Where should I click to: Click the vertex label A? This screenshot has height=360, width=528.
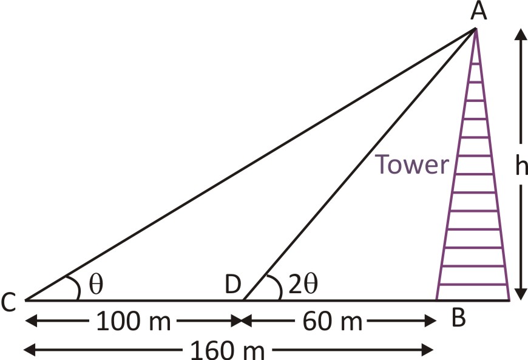pyautogui.click(x=478, y=12)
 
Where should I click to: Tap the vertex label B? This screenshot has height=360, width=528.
pyautogui.click(x=458, y=318)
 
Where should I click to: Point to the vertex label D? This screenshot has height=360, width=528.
pyautogui.click(x=233, y=284)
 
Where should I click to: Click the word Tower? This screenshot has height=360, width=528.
pyautogui.click(x=412, y=165)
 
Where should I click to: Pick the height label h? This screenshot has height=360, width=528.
pyautogui.click(x=521, y=165)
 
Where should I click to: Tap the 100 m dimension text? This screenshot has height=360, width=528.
pyautogui.click(x=134, y=321)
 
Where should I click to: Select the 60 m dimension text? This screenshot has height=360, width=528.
pyautogui.click(x=332, y=321)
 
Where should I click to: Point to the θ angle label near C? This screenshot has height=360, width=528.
pyautogui.click(x=96, y=284)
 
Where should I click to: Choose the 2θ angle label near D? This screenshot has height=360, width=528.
pyautogui.click(x=303, y=284)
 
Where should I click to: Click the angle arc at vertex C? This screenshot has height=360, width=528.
pyautogui.click(x=74, y=287)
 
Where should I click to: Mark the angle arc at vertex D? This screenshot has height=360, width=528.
pyautogui.click(x=276, y=287)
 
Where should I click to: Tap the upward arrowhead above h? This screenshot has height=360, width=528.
pyautogui.click(x=521, y=35)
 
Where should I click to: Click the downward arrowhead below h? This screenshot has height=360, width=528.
pyautogui.click(x=521, y=293)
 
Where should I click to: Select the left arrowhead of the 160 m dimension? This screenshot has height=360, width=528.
pyautogui.click(x=30, y=350)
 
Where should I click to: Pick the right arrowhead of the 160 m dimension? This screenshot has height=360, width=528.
pyautogui.click(x=427, y=350)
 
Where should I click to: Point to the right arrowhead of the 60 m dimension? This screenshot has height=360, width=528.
pyautogui.click(x=430, y=321)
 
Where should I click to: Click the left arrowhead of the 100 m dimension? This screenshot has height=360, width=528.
pyautogui.click(x=32, y=321)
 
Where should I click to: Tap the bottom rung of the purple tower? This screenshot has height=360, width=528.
pyautogui.click(x=473, y=285)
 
